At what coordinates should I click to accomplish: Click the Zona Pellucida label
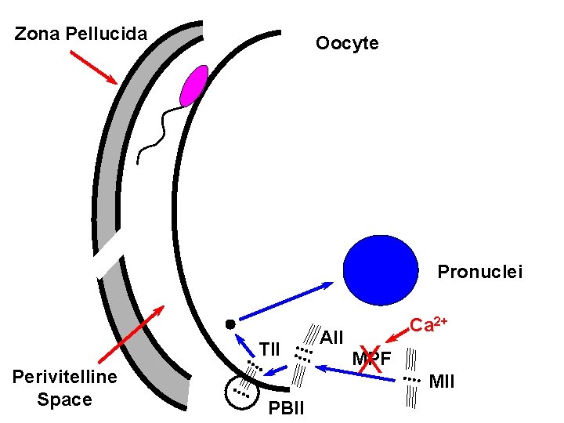(x=81, y=34)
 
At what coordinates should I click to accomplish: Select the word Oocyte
(x=347, y=43)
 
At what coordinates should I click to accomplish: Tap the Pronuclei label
(x=479, y=272)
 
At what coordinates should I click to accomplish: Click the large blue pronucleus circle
(x=381, y=269)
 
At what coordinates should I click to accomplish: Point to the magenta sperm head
(x=193, y=85)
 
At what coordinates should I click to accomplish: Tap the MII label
(x=443, y=381)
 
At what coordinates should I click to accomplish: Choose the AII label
(x=332, y=338)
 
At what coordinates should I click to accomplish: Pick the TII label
(x=269, y=349)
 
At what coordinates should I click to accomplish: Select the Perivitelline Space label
(x=65, y=388)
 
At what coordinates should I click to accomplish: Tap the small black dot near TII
(x=230, y=324)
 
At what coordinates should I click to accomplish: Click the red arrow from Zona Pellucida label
(x=93, y=67)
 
